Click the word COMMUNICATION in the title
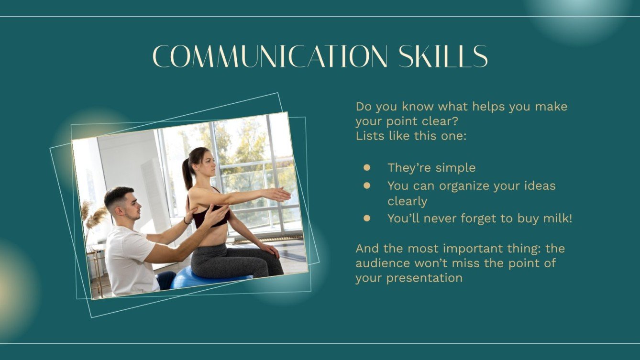pos(270,56)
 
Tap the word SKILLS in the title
pos(443,56)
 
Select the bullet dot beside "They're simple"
pos(366,168)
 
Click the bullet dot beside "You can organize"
pos(366,186)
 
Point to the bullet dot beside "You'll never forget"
pos(366,218)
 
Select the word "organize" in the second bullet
pos(464,186)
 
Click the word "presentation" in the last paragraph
pos(424,278)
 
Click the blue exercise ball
pos(206,278)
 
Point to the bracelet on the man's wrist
pos(186,220)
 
